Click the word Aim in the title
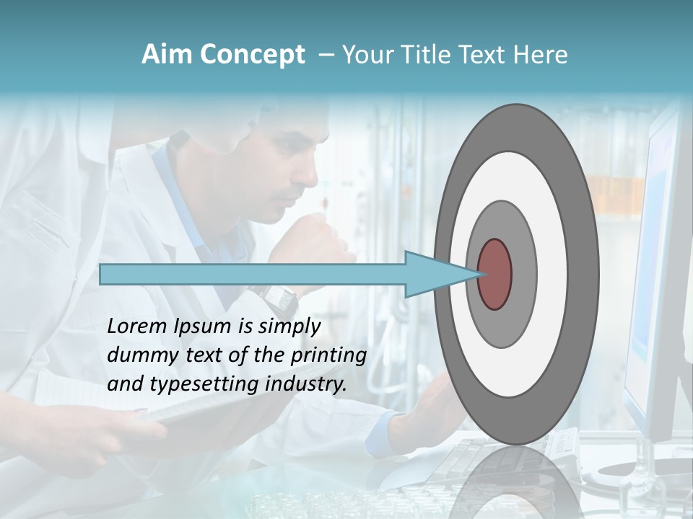point(167,55)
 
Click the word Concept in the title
point(252,56)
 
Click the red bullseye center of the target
point(495,274)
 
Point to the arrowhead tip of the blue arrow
point(479,274)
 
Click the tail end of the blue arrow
point(101,274)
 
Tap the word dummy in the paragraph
point(138,355)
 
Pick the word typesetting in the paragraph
point(204,385)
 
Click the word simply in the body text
point(289,327)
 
